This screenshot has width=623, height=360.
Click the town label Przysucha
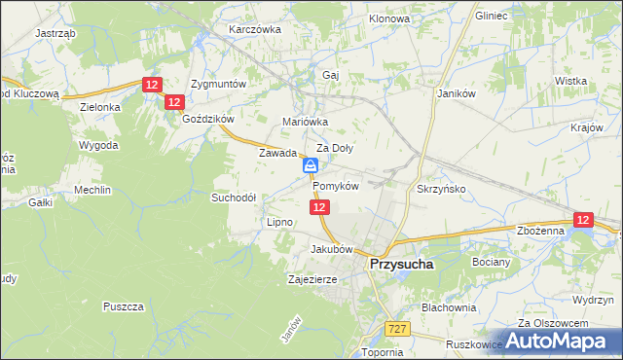click(x=401, y=263)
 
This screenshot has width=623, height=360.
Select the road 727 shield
click(x=395, y=329)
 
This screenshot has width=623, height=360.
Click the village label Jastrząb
click(x=55, y=32)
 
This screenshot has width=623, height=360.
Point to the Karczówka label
click(x=254, y=29)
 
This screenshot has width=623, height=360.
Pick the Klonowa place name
click(x=390, y=19)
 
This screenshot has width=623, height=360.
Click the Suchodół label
click(x=234, y=197)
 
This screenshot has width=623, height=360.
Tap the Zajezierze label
click(x=311, y=279)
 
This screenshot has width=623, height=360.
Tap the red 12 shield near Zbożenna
click(x=582, y=221)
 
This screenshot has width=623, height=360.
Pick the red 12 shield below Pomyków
click(x=321, y=207)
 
